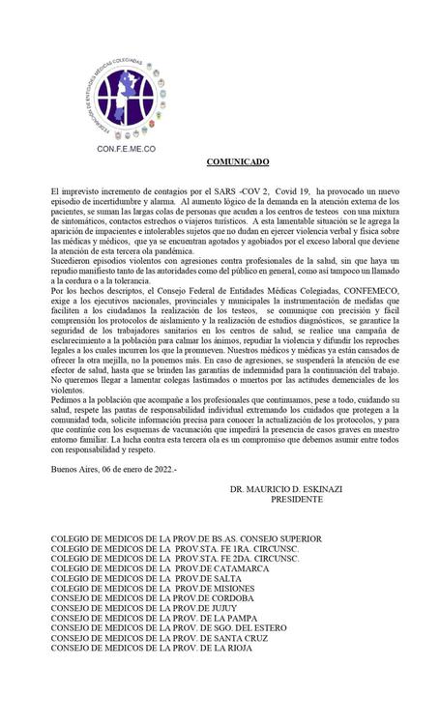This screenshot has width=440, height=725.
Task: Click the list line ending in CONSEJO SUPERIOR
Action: [186, 538]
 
